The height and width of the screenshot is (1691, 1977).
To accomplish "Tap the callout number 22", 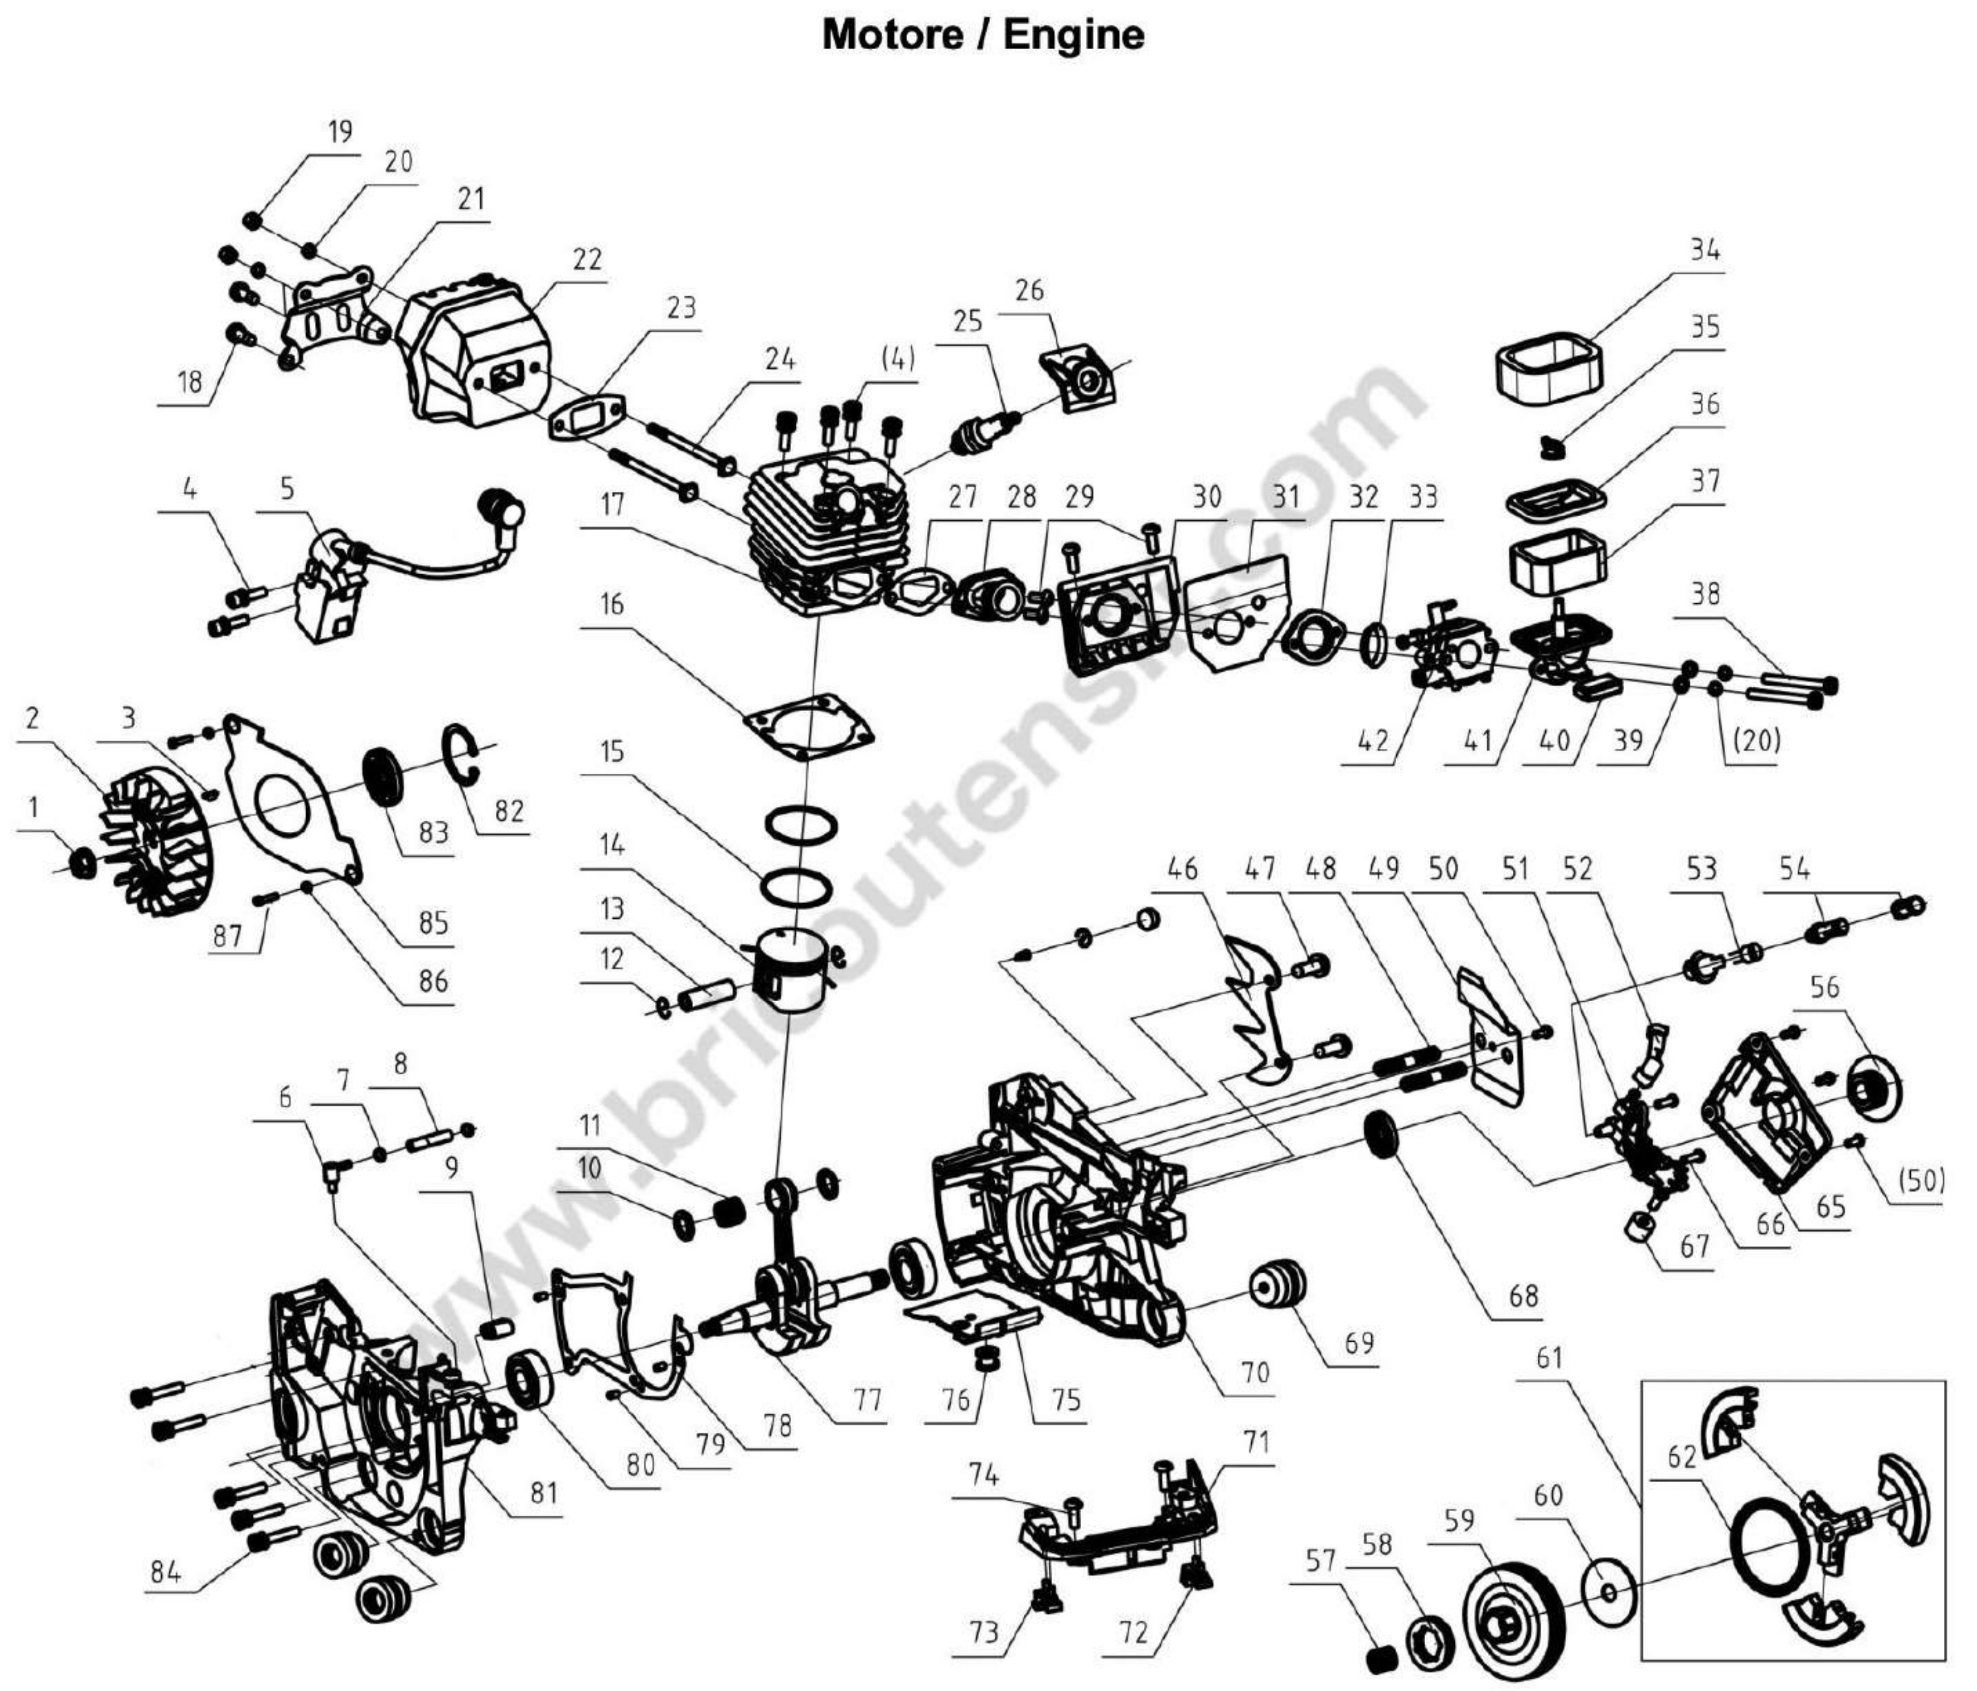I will [587, 260].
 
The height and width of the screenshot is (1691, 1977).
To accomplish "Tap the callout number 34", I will [1704, 250].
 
